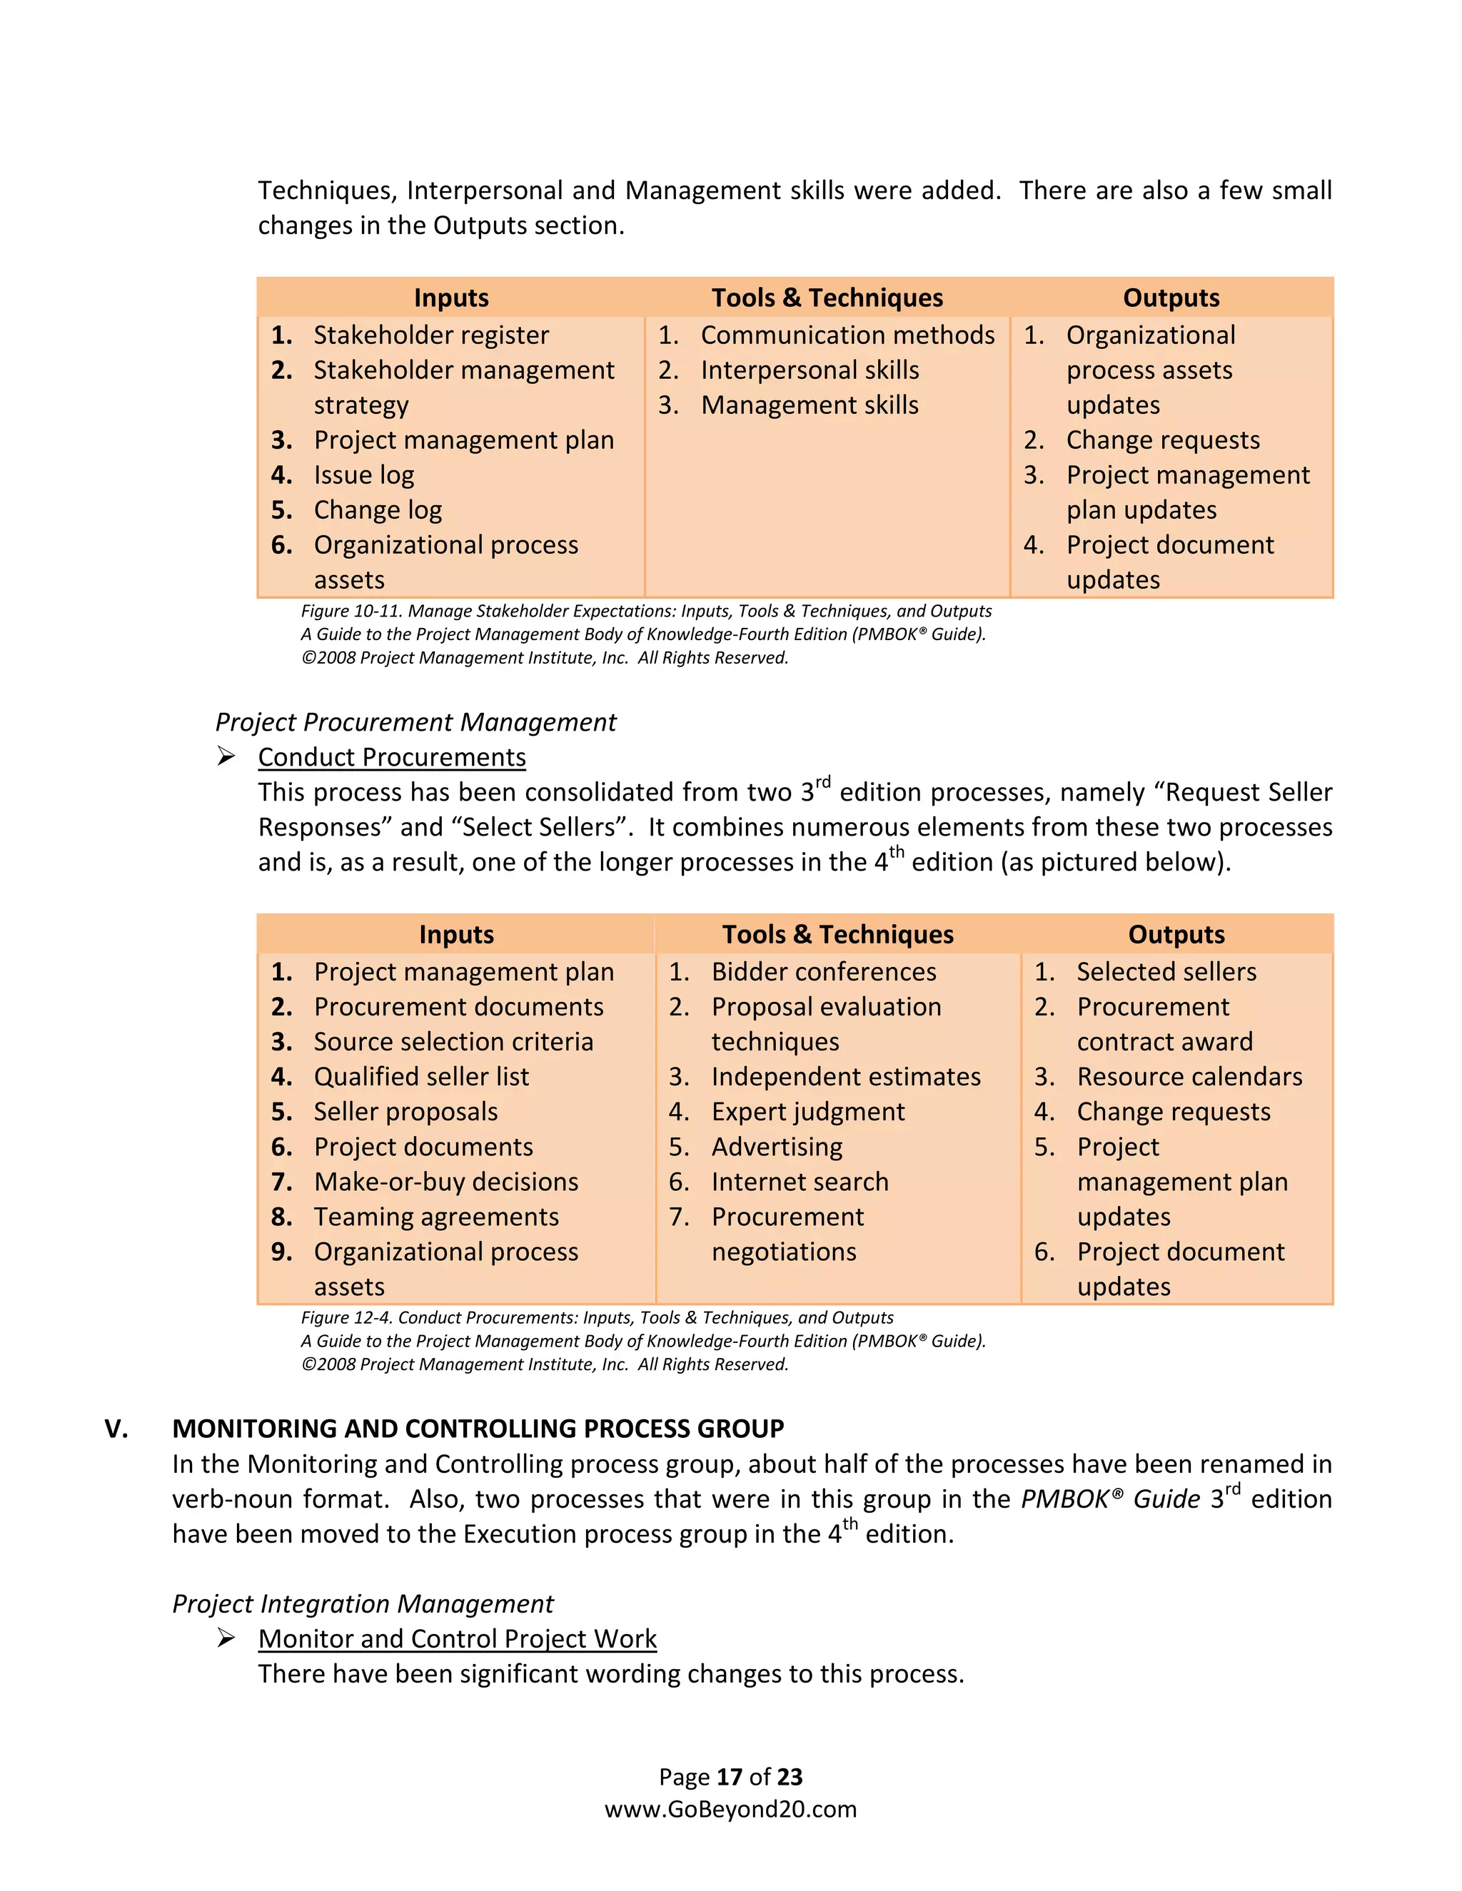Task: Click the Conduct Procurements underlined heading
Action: pos(391,758)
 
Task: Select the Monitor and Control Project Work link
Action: pos(458,1639)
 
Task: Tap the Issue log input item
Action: pos(364,475)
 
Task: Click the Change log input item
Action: pos(378,510)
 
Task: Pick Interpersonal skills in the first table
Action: pos(810,370)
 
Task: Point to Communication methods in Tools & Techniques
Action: pos(847,335)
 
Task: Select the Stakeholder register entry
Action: pos(430,335)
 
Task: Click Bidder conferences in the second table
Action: pos(824,973)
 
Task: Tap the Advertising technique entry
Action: pos(777,1147)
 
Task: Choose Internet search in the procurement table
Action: pos(800,1182)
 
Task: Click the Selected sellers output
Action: pos(1166,973)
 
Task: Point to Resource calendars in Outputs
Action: pos(1189,1077)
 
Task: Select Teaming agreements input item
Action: pos(435,1217)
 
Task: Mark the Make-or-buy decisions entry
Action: pos(446,1182)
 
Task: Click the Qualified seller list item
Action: pos(421,1077)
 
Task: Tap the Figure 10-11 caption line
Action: pos(646,612)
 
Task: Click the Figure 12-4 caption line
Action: pos(597,1318)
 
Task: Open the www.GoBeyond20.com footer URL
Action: pos(730,1809)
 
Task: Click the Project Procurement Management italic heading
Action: pos(415,722)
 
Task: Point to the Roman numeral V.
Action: pos(116,1429)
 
